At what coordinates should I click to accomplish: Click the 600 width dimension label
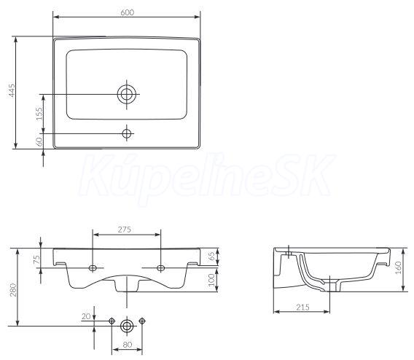tap(128, 12)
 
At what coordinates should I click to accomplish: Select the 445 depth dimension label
tap(12, 90)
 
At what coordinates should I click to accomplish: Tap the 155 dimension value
tap(39, 114)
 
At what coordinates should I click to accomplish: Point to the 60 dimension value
tap(39, 141)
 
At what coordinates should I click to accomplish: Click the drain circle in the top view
tap(127, 94)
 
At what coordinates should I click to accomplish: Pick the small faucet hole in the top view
tap(127, 133)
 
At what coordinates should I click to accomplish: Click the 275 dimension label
tap(125, 230)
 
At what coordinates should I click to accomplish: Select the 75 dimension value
tap(37, 259)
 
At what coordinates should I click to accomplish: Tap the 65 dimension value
tap(211, 257)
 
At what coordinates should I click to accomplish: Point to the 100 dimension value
tap(211, 280)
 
